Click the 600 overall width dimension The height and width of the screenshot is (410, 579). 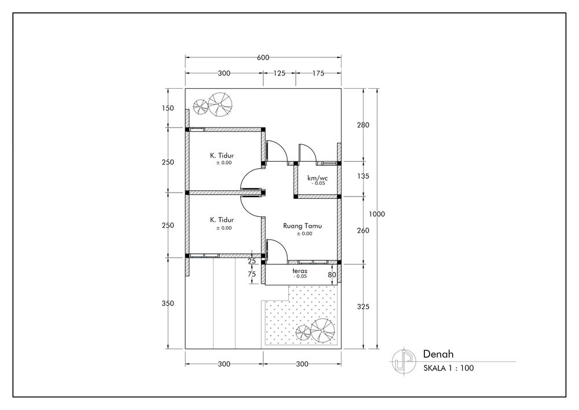[263, 57]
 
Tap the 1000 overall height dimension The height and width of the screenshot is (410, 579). [377, 214]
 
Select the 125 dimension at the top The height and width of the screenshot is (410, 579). [279, 73]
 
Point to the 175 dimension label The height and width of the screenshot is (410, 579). [318, 73]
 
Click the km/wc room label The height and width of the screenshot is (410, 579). [317, 178]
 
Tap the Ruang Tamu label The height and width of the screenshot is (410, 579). [302, 226]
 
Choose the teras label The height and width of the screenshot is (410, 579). [299, 271]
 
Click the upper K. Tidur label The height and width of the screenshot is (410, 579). [222, 155]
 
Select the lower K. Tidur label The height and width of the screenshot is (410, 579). [222, 220]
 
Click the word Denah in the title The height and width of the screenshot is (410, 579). [438, 354]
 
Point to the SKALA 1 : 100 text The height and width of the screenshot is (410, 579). [449, 368]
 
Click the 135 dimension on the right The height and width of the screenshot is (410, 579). [363, 176]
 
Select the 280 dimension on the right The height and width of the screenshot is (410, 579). [363, 125]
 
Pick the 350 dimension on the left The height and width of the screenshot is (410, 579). [168, 303]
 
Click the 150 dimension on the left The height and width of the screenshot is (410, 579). [168, 108]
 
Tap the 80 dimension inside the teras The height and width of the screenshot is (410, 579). [332, 275]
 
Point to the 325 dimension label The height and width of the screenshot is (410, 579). [363, 306]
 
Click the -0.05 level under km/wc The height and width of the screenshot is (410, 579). [318, 183]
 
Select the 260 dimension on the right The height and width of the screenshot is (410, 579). [363, 230]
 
